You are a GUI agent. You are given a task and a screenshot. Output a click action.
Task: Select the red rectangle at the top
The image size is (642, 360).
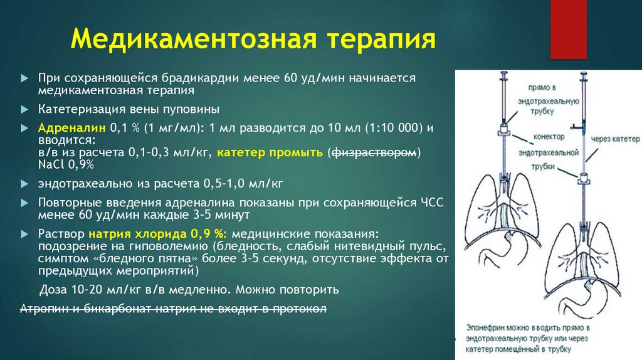tap(567, 29)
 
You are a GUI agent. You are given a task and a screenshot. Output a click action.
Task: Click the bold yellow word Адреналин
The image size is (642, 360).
tap(72, 127)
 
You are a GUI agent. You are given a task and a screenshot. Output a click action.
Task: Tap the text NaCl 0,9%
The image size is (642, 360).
tap(66, 164)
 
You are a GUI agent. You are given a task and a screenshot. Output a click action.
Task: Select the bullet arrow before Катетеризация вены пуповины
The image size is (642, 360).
tap(24, 109)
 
